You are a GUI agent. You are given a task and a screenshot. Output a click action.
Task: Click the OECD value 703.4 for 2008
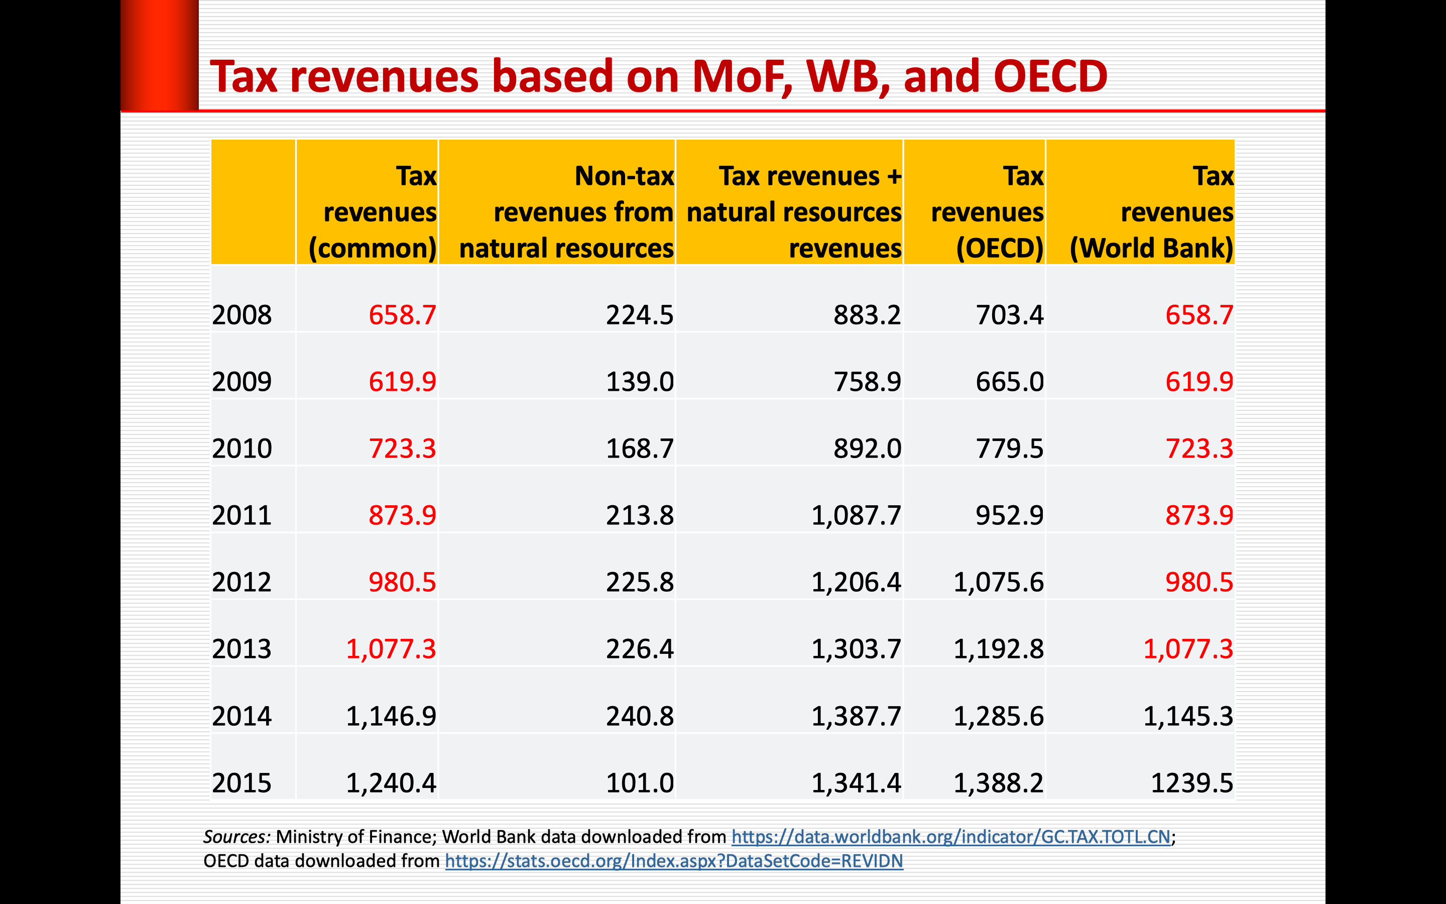coord(1009,315)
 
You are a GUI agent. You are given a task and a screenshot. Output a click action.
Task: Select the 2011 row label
coord(242,515)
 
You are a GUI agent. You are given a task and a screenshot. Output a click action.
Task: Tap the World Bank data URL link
coord(950,836)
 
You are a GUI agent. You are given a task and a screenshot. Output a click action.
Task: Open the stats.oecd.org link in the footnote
coord(674,861)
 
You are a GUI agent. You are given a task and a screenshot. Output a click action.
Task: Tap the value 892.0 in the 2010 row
coord(867,448)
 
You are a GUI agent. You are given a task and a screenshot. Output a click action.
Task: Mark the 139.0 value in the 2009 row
coord(639,382)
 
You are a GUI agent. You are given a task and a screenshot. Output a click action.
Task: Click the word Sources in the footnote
coord(237,836)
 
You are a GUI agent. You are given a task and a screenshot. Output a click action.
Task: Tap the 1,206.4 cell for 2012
coord(856,583)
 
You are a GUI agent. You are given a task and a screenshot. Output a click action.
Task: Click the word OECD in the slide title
coord(1050,76)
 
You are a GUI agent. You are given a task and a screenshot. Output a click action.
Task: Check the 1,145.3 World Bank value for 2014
coord(1188,716)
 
